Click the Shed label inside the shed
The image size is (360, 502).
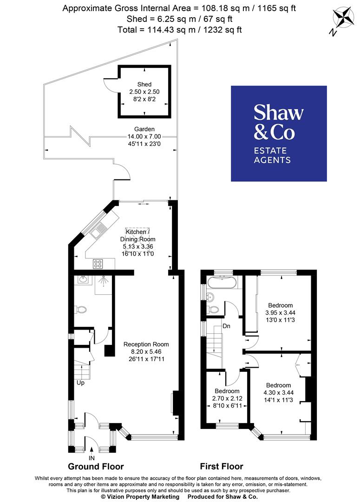[144, 85]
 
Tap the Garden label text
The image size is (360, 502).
[144, 129]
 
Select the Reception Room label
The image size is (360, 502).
[146, 344]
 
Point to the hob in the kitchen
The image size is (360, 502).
[98, 264]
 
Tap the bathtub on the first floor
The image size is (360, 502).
[223, 282]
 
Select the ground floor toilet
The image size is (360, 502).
[81, 309]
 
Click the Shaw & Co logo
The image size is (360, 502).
[279, 133]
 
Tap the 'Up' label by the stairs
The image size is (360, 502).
[80, 383]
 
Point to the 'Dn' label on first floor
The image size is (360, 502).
[227, 326]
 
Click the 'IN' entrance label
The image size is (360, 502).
[92, 458]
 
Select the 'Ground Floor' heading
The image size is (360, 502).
[96, 466]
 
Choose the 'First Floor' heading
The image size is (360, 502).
[221, 466]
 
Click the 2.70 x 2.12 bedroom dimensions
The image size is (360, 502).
[227, 398]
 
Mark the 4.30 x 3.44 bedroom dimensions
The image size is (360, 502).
[278, 393]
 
